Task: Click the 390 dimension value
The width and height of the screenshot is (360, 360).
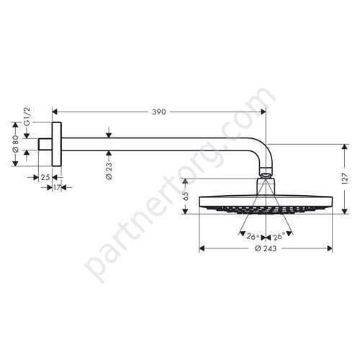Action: tap(159, 112)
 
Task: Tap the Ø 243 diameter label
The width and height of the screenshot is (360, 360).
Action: tap(266, 248)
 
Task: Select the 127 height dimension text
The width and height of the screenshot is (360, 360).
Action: tap(344, 179)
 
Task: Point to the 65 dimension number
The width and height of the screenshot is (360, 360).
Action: tap(185, 196)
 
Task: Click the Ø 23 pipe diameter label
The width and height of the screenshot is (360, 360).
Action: tap(109, 171)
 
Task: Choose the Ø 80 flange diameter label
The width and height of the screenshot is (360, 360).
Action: tap(15, 144)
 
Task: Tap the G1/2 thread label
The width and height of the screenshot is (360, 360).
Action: tap(27, 117)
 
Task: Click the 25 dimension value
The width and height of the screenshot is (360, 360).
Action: tap(45, 178)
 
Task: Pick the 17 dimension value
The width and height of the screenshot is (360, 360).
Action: tap(57, 187)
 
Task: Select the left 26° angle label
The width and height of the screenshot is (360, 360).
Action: tap(253, 237)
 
